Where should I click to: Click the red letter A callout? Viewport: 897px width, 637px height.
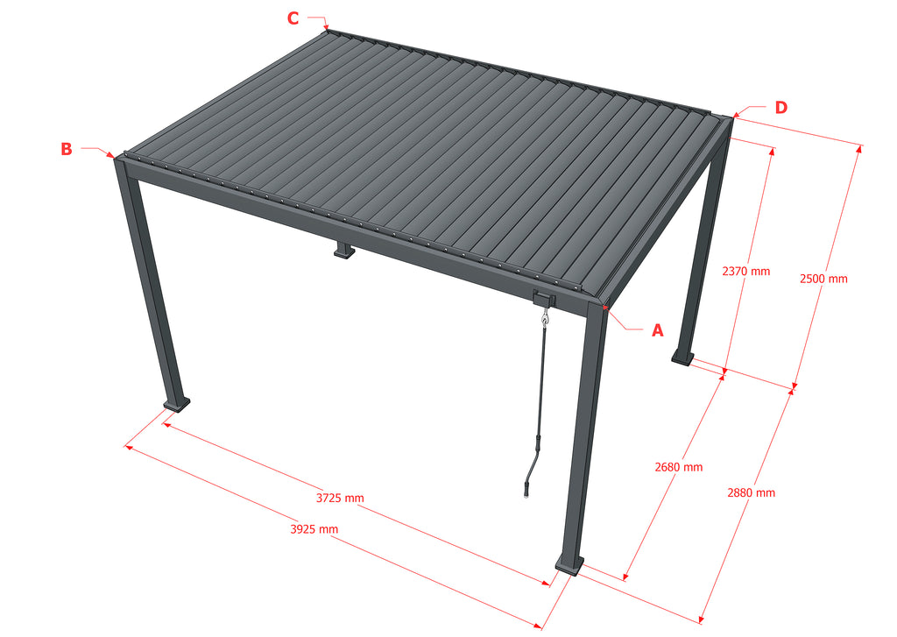658,330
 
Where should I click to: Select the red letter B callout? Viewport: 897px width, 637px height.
67,149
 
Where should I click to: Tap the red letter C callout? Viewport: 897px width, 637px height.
293,18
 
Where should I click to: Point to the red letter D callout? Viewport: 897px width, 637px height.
780,108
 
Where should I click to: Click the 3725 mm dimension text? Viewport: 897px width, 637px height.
340,498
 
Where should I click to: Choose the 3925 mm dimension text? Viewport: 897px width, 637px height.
314,529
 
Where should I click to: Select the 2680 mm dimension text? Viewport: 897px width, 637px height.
679,467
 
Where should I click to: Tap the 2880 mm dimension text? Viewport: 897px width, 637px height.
751,492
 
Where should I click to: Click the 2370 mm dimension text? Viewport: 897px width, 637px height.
746,272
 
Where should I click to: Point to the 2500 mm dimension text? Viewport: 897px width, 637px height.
823,279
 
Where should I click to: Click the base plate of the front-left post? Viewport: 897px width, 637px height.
177,405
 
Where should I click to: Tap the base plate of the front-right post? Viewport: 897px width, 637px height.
569,564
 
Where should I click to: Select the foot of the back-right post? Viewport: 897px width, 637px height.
683,357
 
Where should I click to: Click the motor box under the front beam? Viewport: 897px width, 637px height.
544,298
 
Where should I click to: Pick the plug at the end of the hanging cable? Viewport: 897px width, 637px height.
526,491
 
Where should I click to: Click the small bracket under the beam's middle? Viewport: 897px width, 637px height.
343,251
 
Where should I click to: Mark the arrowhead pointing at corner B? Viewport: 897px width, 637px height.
111,155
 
